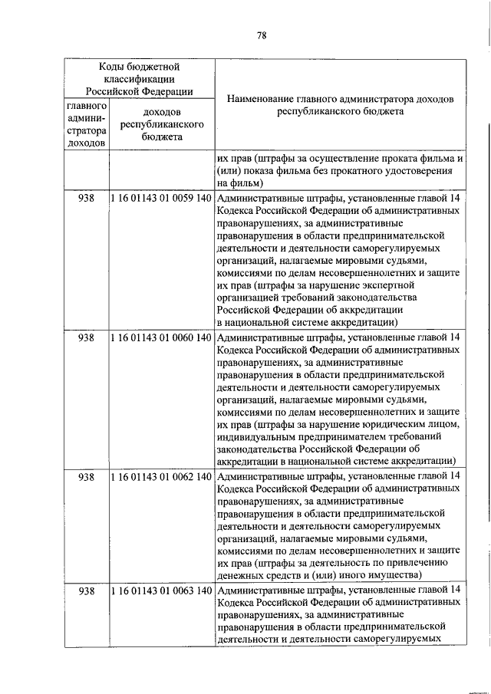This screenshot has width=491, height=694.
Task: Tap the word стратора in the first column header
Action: pos(87,130)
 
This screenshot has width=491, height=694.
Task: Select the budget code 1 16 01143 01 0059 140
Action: pos(161,198)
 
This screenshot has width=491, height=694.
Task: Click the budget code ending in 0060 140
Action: pos(161,337)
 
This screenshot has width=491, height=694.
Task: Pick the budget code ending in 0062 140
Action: pos(161,476)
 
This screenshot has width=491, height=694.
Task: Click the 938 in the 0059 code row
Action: pos(87,198)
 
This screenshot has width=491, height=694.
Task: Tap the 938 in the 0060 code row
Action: pos(87,337)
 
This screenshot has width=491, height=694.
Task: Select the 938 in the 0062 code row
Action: pos(87,476)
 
